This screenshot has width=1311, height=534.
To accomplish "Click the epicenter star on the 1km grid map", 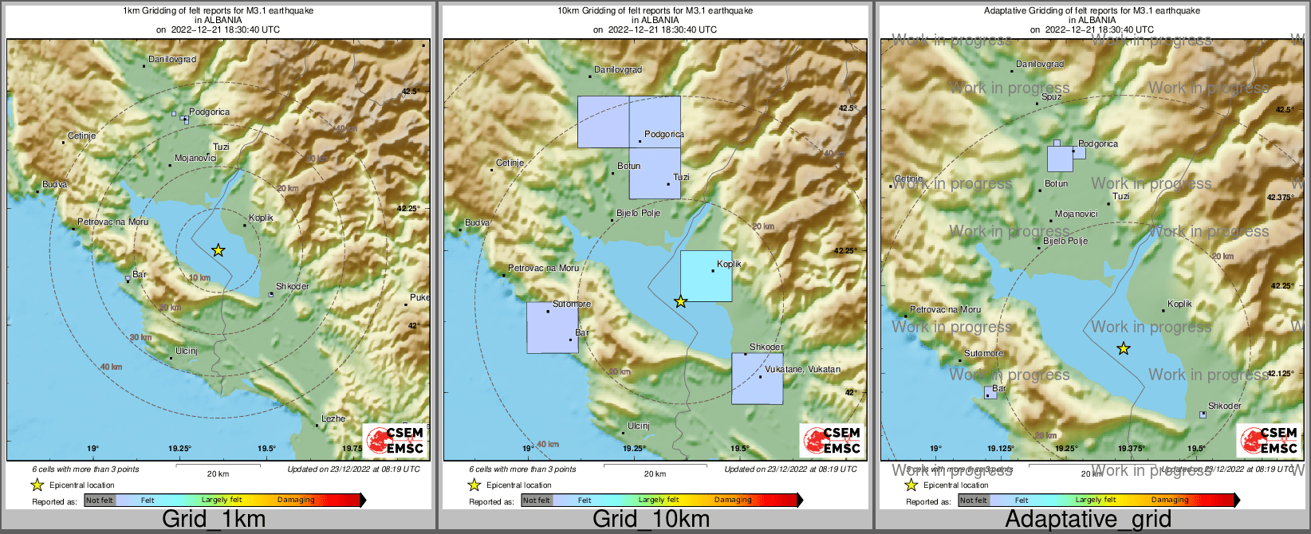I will tap(218, 250).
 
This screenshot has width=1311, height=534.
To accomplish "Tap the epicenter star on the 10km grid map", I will tap(680, 301).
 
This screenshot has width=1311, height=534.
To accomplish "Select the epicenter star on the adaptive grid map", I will tap(1123, 348).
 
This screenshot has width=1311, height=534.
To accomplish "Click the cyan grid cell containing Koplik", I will tap(706, 276).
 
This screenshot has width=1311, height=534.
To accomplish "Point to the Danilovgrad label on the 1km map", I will tap(172, 60).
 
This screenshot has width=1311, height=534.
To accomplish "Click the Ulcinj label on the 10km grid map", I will tap(639, 426).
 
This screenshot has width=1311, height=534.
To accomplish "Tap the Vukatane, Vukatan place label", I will tap(802, 369).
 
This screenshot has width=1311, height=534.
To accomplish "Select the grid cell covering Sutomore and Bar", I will tap(552, 328).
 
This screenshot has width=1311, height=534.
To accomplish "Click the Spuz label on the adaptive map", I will tap(1052, 96).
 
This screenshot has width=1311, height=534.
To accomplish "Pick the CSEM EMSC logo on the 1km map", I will tap(396, 441).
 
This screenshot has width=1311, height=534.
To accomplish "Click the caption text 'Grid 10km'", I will tap(651, 520).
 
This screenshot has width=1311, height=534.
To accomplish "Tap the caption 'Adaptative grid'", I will tap(1088, 520).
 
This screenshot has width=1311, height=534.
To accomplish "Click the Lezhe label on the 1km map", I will tap(333, 418).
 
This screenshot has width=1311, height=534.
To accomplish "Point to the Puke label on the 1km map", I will tap(419, 297).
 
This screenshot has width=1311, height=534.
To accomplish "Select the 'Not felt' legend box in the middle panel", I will tap(536, 501).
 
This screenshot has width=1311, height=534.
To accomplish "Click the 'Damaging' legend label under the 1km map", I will tap(296, 501).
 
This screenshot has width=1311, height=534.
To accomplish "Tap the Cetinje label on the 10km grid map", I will tap(510, 163).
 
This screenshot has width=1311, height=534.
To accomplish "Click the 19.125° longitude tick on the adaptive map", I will tap(1001, 449).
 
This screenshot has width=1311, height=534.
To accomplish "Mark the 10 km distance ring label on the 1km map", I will tap(199, 278).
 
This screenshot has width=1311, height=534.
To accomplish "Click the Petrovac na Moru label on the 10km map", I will tap(544, 268).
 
